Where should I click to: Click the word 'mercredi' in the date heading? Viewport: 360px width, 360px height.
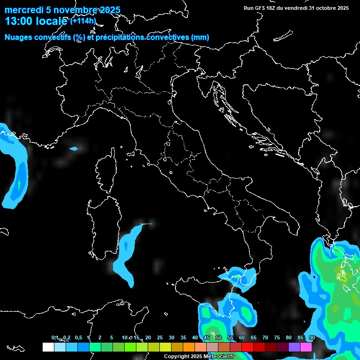point(22,10)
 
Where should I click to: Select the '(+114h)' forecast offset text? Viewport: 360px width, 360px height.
point(83,21)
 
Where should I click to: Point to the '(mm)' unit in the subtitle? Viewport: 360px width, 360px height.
point(200,37)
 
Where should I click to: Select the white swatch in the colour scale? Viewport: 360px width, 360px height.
point(48,347)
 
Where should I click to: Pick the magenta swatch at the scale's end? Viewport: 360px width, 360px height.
point(306,347)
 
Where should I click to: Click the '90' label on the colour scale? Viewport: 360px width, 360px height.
point(312,338)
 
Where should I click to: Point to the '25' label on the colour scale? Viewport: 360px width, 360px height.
point(160,338)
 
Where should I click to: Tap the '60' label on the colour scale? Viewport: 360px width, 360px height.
point(242,338)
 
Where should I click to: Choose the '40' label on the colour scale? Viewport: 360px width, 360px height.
point(195,338)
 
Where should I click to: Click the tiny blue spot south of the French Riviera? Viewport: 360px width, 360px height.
point(73,149)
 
